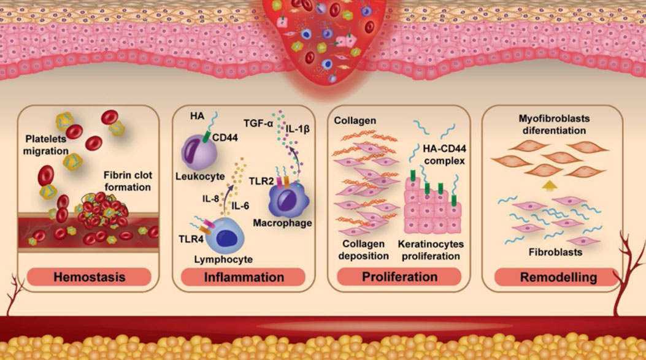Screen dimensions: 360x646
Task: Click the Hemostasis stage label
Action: (x=90, y=277)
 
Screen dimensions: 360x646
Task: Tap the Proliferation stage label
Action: (x=399, y=277)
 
